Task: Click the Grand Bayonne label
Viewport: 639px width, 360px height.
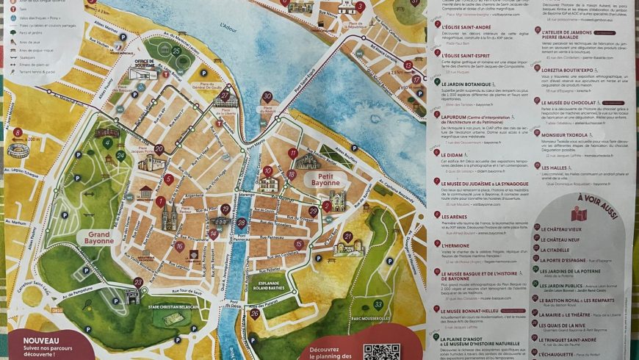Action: coord(98,237)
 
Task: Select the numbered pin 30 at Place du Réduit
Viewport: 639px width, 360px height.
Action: coord(267,97)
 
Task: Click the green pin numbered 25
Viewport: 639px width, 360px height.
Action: coord(176,51)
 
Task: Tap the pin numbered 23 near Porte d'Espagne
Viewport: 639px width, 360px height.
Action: coord(138,282)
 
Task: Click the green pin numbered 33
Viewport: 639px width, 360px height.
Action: coord(378,304)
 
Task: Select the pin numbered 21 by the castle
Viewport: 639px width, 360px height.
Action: coord(347,237)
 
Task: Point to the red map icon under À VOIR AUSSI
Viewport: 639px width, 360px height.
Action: coord(579,214)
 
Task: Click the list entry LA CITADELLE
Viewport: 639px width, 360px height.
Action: coord(568,250)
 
